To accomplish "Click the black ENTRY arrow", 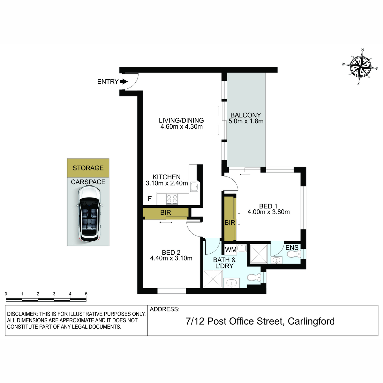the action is pos(124,81).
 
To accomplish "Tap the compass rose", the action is pos(360,67).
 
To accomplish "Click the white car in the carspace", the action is pos(89,214).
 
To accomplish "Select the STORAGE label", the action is pos(88,168).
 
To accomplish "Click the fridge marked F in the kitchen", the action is pos(150,198).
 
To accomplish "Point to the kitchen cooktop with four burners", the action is pos(172,199).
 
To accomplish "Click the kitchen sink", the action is pos(194,187).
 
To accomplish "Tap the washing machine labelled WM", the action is pos(230,250).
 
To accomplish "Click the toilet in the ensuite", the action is pos(294,254).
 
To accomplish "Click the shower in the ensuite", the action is pos(259,254).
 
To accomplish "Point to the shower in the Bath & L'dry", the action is pos(213,279).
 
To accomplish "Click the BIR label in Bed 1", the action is pos(230,222).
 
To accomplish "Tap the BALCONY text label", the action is pos(246,115).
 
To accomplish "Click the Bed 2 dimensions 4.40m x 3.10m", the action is pos(171,258).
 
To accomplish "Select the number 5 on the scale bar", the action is pos(86,294).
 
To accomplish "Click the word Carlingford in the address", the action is pos(311,321).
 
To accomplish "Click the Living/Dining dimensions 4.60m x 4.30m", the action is pos(182,126).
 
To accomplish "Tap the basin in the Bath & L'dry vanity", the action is pos(231,282).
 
